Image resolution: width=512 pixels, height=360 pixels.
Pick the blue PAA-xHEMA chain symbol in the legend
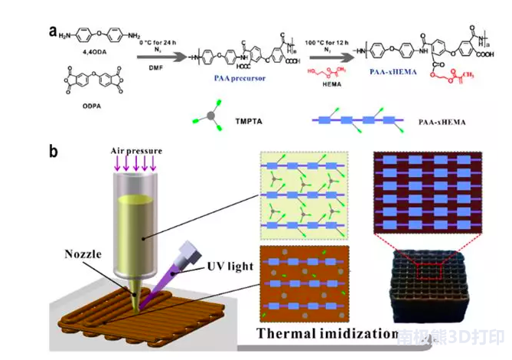coord(360,120)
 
